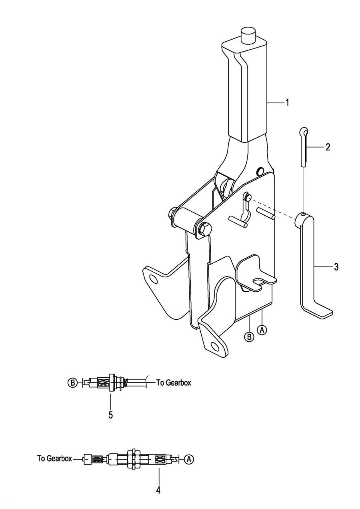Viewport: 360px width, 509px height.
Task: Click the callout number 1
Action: [286, 103]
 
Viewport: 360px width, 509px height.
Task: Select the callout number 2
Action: [328, 147]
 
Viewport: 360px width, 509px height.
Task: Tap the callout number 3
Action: [336, 267]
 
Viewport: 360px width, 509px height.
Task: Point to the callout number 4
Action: [158, 490]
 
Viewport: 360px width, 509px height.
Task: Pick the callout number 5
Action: [110, 415]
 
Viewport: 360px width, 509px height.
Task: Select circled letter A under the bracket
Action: [262, 330]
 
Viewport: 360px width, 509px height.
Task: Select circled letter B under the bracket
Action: [249, 337]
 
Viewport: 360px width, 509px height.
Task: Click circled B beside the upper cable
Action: [72, 383]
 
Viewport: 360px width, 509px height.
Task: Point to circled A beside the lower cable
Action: [189, 460]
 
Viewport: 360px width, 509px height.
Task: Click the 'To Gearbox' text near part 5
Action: [173, 383]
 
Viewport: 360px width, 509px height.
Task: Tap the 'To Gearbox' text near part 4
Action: [54, 459]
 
